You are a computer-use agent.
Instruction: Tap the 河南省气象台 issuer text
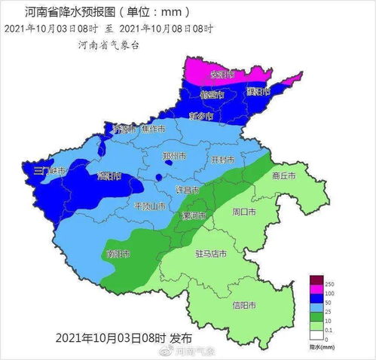coord(109,44)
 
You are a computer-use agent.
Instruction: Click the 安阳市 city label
coord(222,75)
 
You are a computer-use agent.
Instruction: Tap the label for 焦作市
coord(151,129)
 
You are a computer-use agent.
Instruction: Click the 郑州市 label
coord(174,156)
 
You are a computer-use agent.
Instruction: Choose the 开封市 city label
coord(222,160)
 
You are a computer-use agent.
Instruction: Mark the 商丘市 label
coord(283,175)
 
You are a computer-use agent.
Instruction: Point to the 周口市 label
coord(246,212)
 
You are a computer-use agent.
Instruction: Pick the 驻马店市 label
coord(211,254)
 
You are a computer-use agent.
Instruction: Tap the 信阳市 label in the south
coord(245,305)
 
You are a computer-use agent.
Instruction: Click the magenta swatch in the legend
coord(316,291)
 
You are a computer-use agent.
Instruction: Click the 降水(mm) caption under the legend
coord(320,346)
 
